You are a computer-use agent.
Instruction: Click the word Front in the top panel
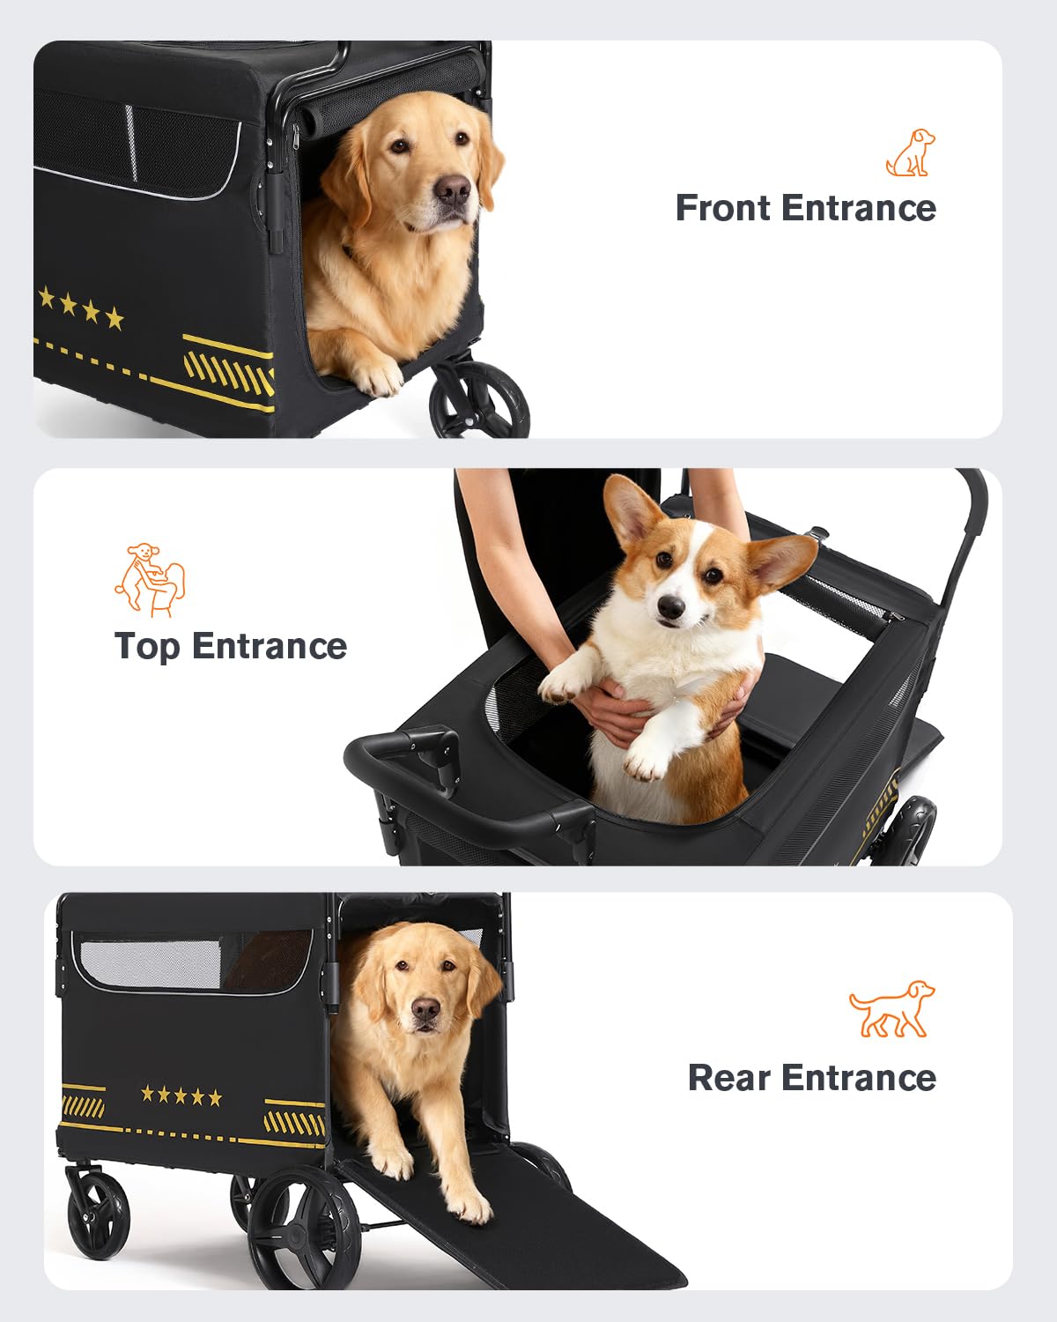point(722,208)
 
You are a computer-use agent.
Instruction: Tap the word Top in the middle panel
point(147,648)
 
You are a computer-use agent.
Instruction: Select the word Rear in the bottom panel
point(728,1078)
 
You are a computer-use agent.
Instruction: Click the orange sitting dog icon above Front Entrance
point(910,152)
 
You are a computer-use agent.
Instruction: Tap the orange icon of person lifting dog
point(149,580)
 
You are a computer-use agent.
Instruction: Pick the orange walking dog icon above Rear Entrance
point(891,1009)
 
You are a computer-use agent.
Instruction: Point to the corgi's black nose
point(670,607)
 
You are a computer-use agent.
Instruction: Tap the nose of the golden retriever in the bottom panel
point(425,1009)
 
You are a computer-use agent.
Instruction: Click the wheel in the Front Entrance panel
point(479,400)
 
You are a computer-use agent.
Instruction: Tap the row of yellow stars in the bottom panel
point(181,1095)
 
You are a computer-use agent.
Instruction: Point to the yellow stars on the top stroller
point(80,307)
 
